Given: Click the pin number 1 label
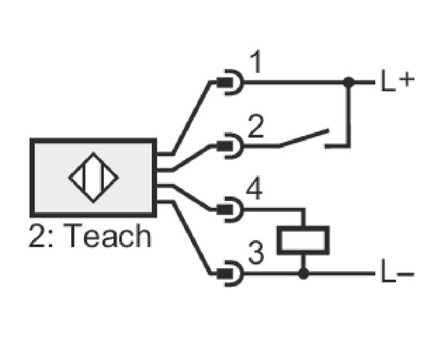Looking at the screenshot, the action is pyautogui.click(x=256, y=62).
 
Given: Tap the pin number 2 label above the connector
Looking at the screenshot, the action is pyautogui.click(x=256, y=126).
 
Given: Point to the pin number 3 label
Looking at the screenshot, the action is pyautogui.click(x=256, y=253).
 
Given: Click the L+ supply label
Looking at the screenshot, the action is pyautogui.click(x=398, y=82).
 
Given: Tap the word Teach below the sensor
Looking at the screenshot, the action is pyautogui.click(x=108, y=236).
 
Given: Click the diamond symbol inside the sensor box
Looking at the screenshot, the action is pyautogui.click(x=94, y=178).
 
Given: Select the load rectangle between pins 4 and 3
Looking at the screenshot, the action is pyautogui.click(x=303, y=241).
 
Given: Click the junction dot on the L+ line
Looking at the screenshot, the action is pyautogui.click(x=349, y=82).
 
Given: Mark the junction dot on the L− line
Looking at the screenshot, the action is pyautogui.click(x=303, y=274).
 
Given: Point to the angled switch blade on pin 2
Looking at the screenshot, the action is pyautogui.click(x=304, y=138).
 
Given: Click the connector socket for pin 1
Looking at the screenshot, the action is pyautogui.click(x=230, y=82).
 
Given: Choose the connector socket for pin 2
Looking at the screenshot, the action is pyautogui.click(x=230, y=146).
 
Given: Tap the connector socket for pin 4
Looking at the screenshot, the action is pyautogui.click(x=230, y=210).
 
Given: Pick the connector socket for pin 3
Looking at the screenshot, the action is pyautogui.click(x=230, y=274).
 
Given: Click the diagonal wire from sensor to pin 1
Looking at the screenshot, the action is pyautogui.click(x=191, y=118).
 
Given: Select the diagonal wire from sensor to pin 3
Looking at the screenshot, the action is pyautogui.click(x=191, y=238).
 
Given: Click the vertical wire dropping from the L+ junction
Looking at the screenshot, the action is pyautogui.click(x=349, y=114).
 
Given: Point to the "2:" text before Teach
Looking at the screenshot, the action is pyautogui.click(x=41, y=236).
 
